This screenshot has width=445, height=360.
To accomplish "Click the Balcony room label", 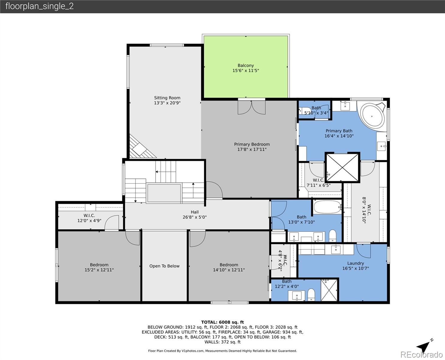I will click(246, 65).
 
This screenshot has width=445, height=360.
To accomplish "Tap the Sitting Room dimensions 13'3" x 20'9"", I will click(167, 103).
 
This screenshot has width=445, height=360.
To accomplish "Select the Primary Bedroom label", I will click(252, 144).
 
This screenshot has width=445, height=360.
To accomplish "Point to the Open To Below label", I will click(164, 266).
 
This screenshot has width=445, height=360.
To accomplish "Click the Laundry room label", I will click(355, 263).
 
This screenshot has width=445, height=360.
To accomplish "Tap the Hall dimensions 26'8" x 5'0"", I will click(195, 217).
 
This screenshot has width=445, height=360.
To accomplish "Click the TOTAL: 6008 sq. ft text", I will click(222, 322).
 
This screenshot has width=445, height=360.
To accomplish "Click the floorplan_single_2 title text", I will click(39, 6).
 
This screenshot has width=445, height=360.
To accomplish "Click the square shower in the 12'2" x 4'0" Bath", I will click(329, 290).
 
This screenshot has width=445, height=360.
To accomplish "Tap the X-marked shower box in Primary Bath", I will click(342, 168).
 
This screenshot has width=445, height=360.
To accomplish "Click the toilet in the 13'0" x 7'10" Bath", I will click(333, 235).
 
